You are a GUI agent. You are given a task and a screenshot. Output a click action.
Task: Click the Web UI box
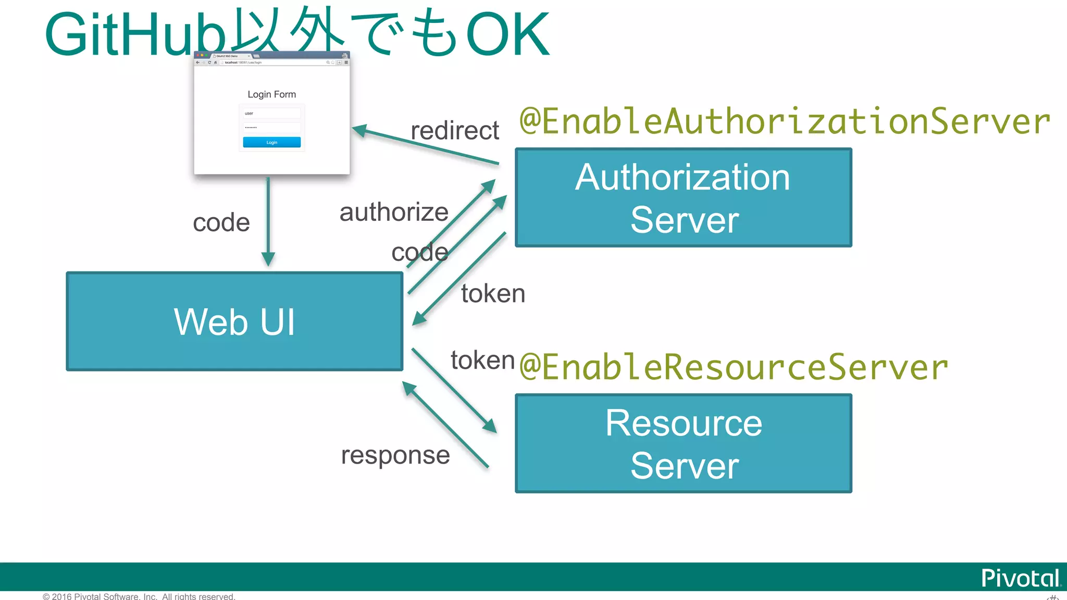234,321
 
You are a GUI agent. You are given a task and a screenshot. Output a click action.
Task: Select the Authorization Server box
683,197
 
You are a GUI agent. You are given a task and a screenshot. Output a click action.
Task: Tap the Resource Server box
683,443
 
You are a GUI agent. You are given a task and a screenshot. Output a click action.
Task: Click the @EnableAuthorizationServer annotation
784,121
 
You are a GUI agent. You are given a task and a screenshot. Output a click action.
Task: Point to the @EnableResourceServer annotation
734,367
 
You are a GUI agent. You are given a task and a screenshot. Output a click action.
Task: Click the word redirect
454,130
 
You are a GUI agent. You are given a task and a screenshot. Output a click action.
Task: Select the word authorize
394,212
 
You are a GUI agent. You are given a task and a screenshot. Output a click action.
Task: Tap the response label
395,455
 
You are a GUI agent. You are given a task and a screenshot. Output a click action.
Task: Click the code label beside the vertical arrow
221,223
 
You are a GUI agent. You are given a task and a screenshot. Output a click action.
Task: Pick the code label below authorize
420,253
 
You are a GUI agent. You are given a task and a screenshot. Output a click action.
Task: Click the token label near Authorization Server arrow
493,293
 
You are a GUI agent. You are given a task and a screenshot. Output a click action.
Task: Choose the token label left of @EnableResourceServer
482,360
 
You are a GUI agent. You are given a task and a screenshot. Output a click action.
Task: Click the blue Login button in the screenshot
271,142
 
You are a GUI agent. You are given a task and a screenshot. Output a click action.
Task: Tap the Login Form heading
271,94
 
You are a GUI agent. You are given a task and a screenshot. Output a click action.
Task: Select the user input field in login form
271,113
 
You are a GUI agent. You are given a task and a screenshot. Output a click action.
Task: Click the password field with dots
271,127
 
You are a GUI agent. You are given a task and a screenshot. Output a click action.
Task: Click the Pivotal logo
1020,578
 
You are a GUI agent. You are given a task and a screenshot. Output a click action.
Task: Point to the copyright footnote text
139,596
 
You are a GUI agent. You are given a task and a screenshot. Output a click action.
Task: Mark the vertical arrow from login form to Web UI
268,221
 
